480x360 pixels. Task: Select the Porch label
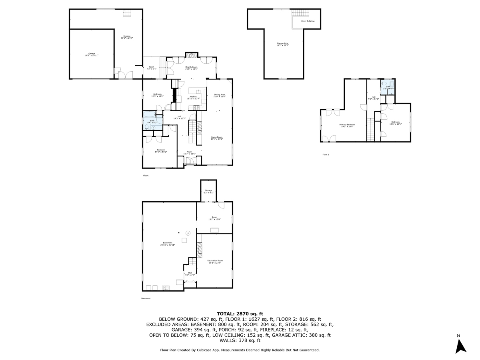[x=152, y=68]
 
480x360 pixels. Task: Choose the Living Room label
[x=217, y=138]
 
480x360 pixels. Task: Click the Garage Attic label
[x=283, y=44]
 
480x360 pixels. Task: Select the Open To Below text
[x=308, y=21]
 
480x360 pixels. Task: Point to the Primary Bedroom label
[x=347, y=125]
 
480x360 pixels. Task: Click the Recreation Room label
[x=214, y=262]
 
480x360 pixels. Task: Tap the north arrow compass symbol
[x=461, y=345]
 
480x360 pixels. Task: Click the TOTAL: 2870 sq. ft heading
[x=240, y=314]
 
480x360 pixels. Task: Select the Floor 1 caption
[x=146, y=176]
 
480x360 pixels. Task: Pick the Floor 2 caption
[x=326, y=154]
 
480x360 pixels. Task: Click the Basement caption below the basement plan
[x=146, y=298]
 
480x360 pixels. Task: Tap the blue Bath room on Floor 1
[x=152, y=123]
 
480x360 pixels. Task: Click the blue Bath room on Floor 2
[x=388, y=87]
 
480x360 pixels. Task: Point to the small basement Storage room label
[x=208, y=191]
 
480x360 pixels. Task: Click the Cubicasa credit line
[x=240, y=350]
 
